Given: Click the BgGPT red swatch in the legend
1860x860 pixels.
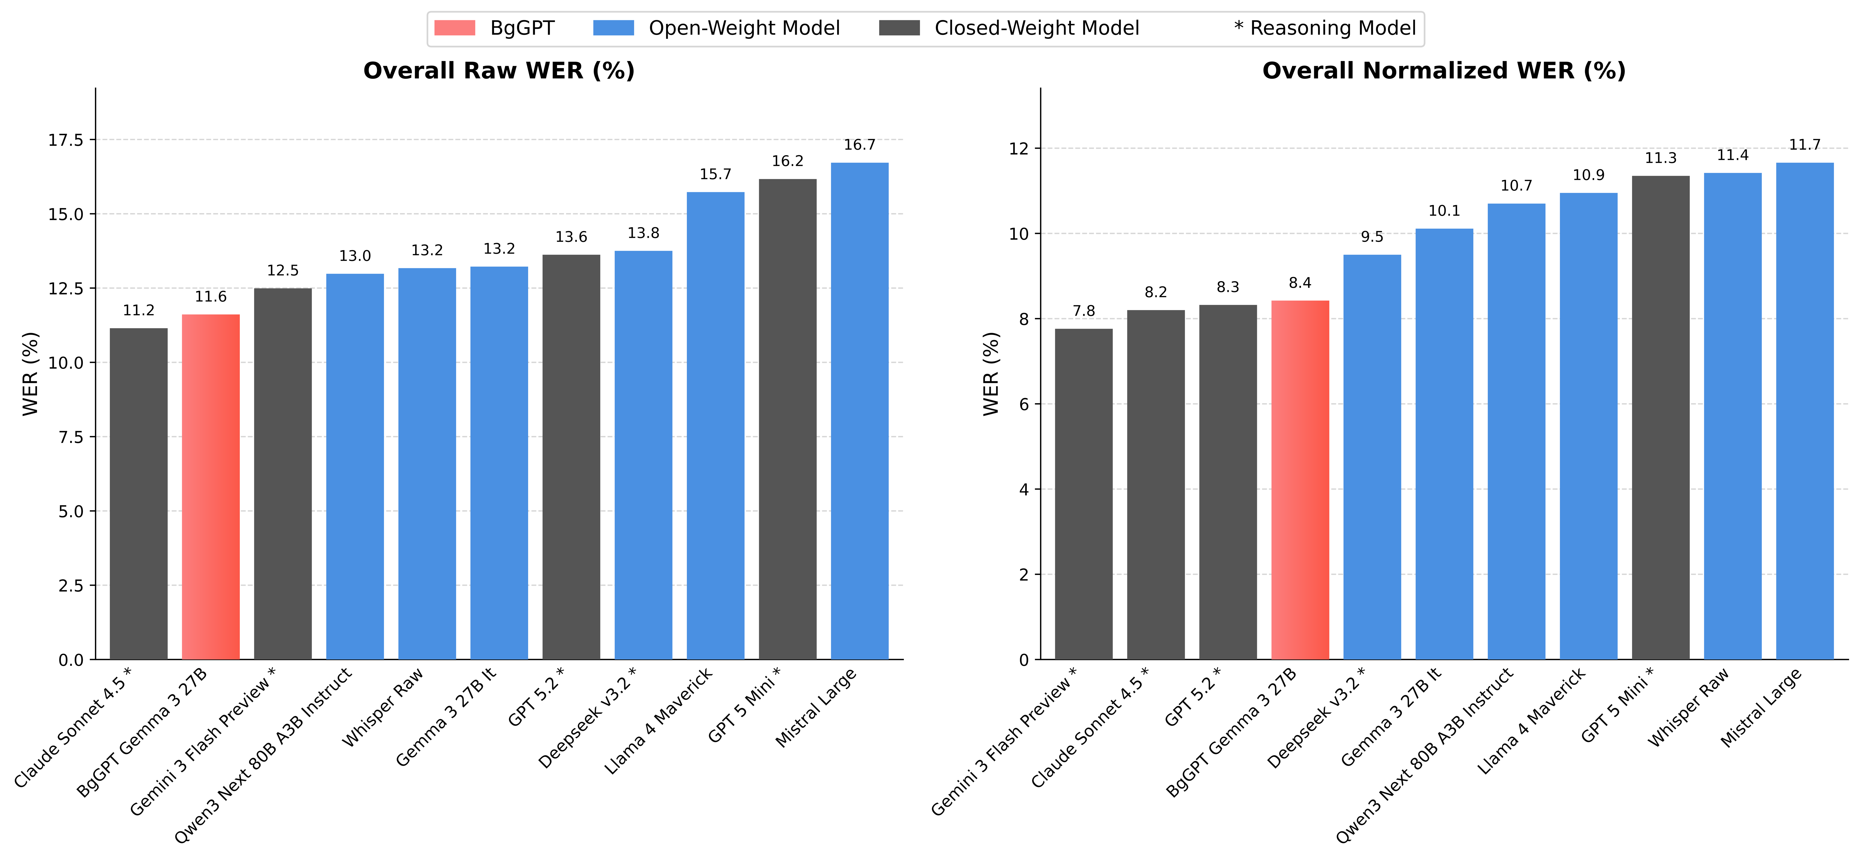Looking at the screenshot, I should coord(455,28).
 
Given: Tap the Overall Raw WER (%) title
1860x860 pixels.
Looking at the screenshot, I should coord(499,71).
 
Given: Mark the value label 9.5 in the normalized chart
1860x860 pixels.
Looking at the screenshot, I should coord(1372,237).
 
